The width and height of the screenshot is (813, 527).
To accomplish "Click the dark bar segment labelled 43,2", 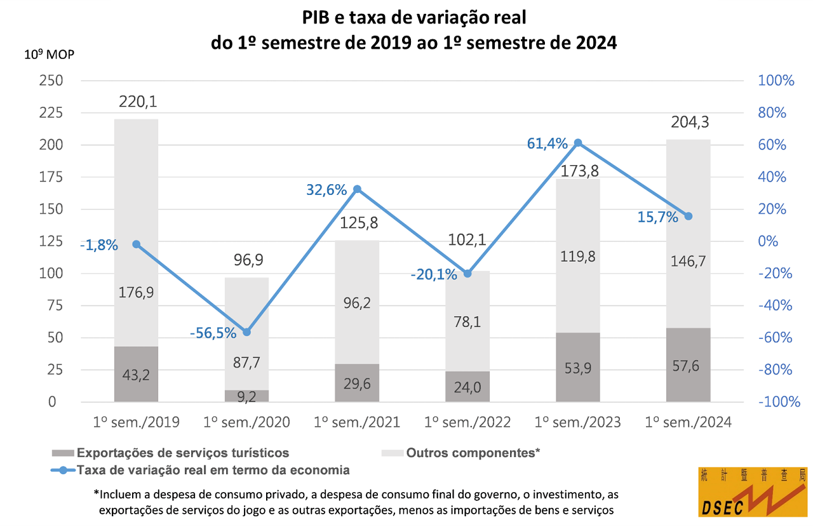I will [136, 374].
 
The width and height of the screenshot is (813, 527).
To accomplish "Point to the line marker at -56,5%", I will [247, 332].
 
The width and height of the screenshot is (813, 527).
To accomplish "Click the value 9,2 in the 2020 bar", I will [246, 396].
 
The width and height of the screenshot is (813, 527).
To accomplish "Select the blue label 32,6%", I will [326, 189].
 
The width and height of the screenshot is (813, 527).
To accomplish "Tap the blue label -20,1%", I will [434, 275].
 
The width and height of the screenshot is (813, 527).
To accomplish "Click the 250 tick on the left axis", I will [51, 81].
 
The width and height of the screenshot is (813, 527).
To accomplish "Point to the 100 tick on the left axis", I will [51, 274].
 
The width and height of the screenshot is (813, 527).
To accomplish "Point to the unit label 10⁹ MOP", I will [49, 54].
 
